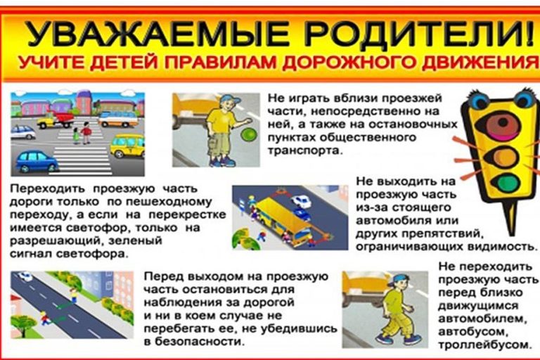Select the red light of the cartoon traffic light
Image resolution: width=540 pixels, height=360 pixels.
pyautogui.click(x=502, y=125)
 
